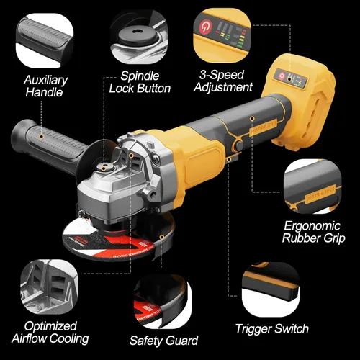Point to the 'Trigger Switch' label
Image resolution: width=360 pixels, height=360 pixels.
coord(271,329)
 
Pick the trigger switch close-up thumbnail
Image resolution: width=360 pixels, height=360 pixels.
coord(270,288)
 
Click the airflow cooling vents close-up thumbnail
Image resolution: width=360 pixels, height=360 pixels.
coord(46,288)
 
